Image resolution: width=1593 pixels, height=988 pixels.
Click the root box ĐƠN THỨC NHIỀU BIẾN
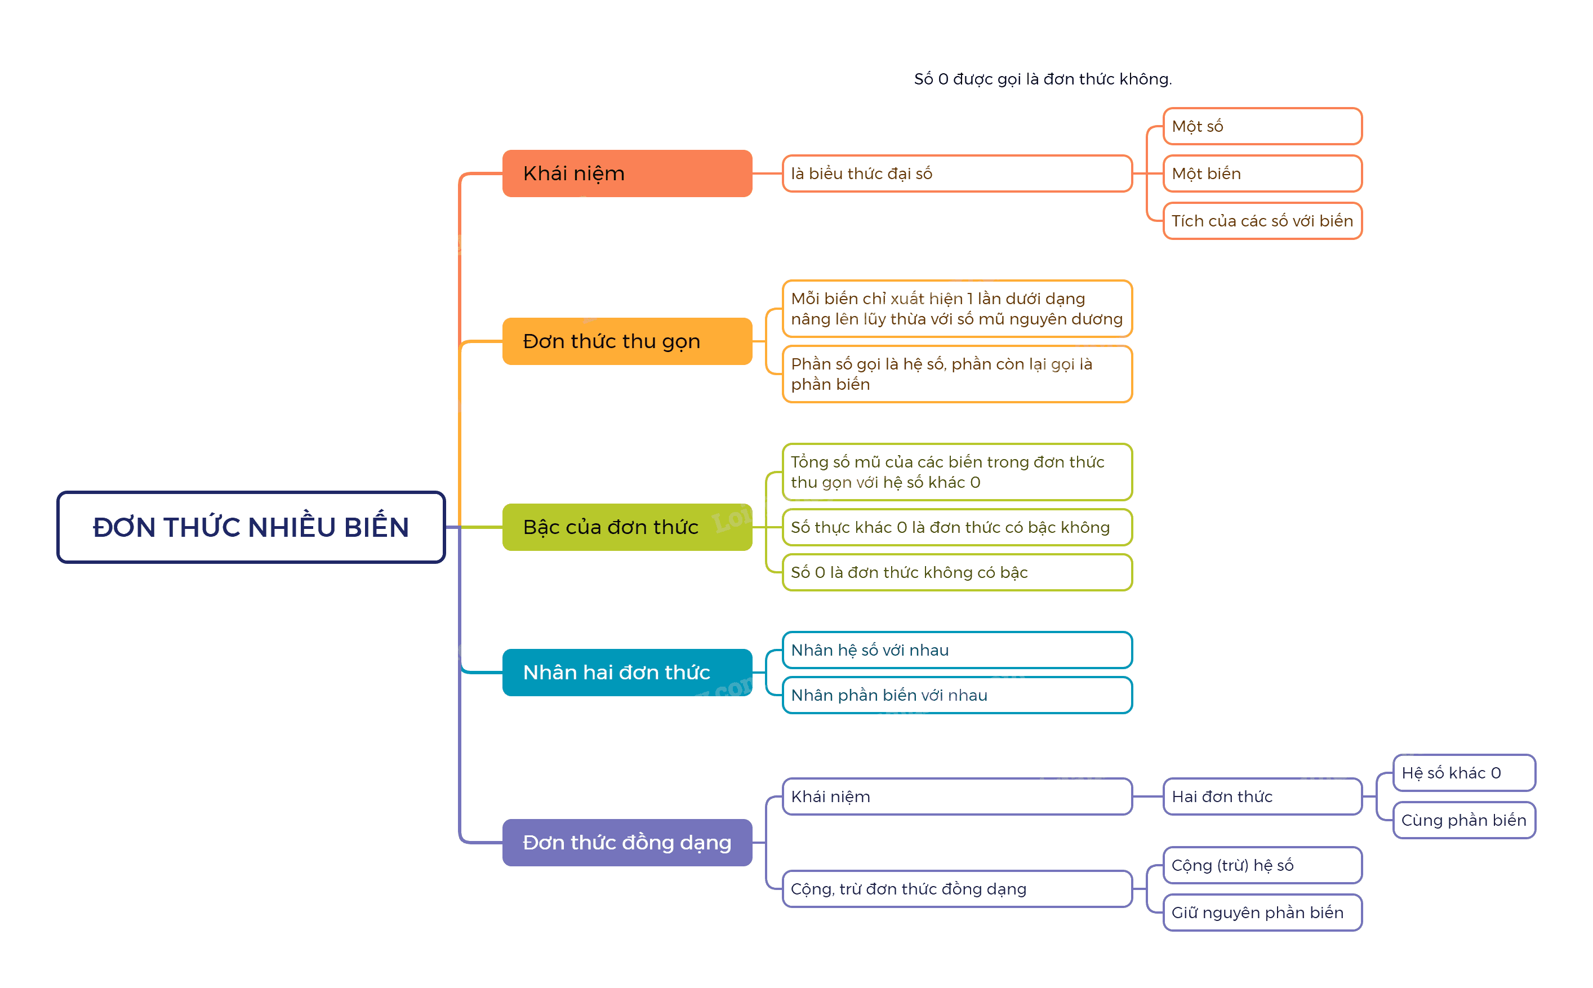pyautogui.click(x=251, y=527)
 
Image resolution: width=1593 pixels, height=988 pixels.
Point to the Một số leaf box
pyautogui.click(x=1262, y=126)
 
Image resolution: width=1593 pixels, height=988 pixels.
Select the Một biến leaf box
pyautogui.click(x=1262, y=173)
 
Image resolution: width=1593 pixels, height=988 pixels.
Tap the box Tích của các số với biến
pyautogui.click(x=1262, y=221)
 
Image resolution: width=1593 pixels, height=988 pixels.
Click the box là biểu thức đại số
pyautogui.click(x=956, y=173)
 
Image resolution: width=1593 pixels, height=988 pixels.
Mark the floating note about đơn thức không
pyautogui.click(x=1043, y=79)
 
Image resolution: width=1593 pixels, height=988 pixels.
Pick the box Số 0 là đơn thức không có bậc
pyautogui.click(x=956, y=572)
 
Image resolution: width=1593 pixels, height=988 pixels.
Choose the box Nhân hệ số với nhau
pyautogui.click(x=956, y=649)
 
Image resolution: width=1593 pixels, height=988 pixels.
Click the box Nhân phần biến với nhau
pyautogui.click(x=956, y=695)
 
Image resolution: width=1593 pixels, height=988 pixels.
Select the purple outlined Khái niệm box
pyautogui.click(x=956, y=796)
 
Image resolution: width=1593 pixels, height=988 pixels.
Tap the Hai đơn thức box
pyautogui.click(x=1262, y=796)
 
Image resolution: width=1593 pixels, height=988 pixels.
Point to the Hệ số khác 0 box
pyautogui.click(x=1463, y=772)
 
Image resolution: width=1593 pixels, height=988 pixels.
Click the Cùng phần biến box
pyautogui.click(x=1463, y=820)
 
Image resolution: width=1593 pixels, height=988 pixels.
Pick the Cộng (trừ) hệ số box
pyautogui.click(x=1262, y=865)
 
